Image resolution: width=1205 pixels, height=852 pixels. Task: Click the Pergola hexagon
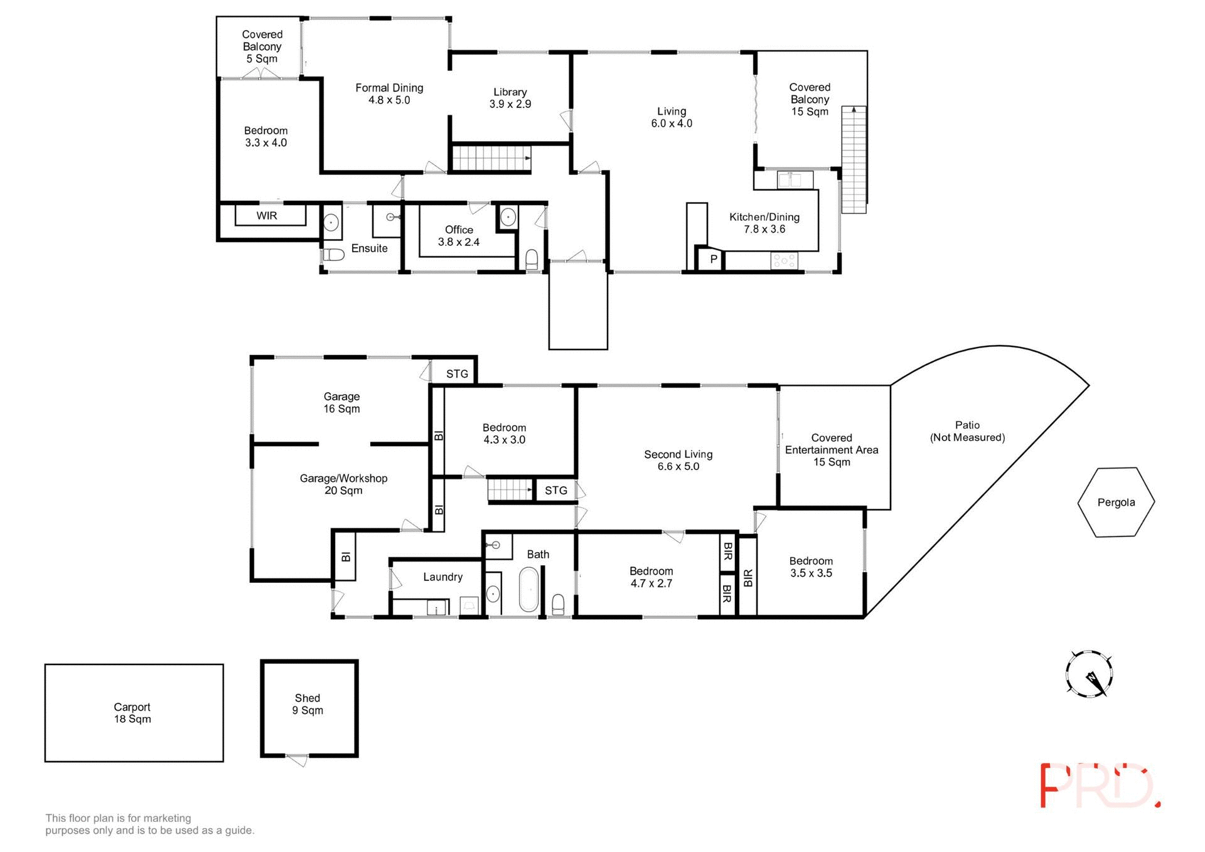1115,502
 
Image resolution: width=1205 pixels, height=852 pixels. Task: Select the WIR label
267,215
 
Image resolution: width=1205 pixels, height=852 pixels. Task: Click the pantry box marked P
713,258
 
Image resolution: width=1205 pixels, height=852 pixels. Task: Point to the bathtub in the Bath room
528,589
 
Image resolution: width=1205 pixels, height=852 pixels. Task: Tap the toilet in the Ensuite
334,255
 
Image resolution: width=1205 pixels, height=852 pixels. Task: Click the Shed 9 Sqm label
308,704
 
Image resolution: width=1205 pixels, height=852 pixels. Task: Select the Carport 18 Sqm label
132,713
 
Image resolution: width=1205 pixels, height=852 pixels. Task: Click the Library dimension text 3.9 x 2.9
510,104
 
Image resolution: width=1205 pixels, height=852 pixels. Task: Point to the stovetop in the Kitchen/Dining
784,260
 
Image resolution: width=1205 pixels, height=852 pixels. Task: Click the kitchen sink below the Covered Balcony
795,180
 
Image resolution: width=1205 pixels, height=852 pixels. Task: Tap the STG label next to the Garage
457,373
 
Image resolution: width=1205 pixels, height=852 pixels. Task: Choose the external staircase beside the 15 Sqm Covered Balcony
853,160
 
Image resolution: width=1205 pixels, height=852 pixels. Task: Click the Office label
459,230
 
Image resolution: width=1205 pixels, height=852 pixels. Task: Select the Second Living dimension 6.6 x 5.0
678,466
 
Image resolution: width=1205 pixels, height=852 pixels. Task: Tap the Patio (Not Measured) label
967,431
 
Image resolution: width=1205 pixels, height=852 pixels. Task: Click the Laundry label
442,577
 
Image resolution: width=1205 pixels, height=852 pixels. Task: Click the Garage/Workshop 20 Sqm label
343,484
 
